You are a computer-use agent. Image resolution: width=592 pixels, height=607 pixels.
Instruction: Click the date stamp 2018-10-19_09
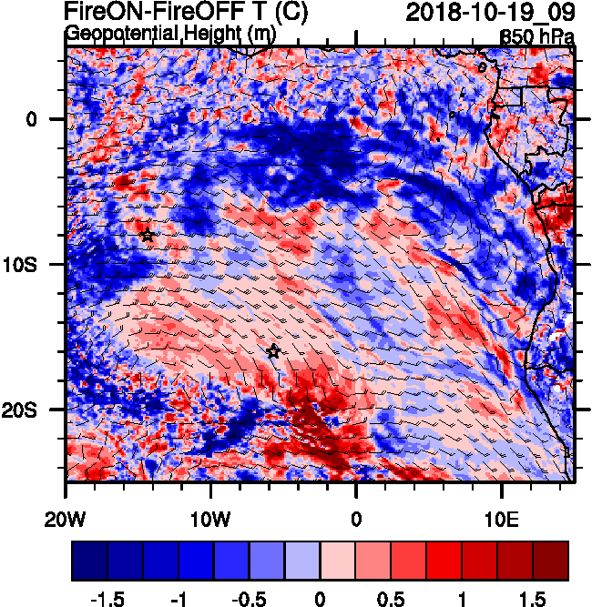tap(489, 13)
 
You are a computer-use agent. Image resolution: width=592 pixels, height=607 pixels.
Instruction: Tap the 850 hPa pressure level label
tap(537, 36)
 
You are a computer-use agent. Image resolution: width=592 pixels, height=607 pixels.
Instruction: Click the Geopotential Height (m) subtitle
tap(170, 35)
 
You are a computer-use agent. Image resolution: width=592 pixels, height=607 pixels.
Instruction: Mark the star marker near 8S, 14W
tap(148, 235)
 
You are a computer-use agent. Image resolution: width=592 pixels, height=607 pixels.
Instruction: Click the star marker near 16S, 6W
tap(273, 351)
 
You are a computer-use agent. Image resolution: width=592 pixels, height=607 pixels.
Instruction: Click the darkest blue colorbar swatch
tap(89, 561)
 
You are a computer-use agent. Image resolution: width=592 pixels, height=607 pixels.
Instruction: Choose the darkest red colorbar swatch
tap(551, 561)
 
